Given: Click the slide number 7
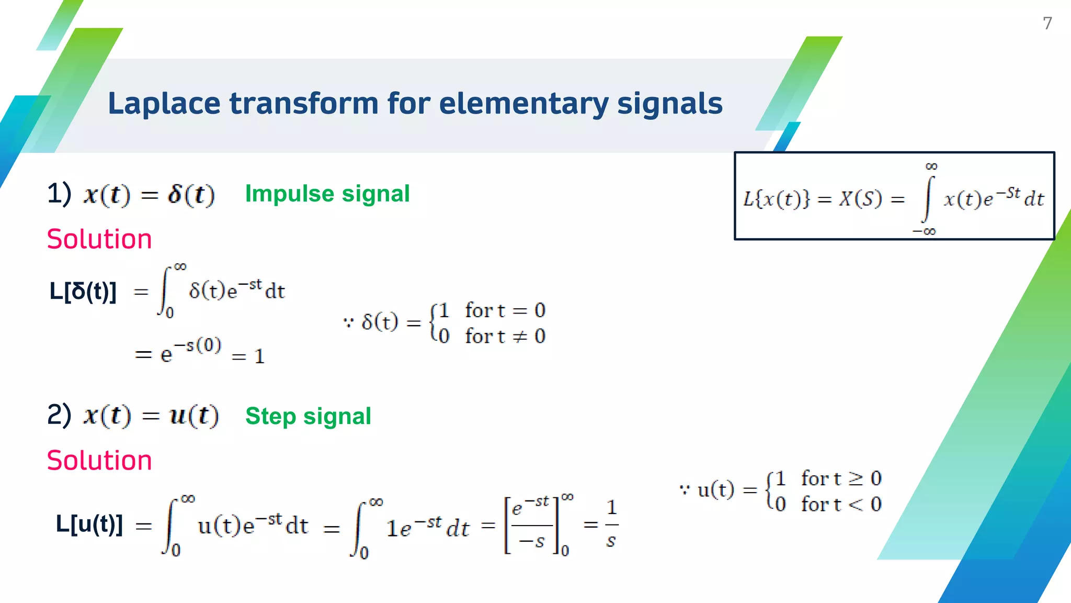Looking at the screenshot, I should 1047,23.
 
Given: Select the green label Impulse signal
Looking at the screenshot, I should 327,194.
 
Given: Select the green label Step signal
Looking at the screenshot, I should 308,416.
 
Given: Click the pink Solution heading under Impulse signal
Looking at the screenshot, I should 99,239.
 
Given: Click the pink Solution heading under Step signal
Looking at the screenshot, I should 99,461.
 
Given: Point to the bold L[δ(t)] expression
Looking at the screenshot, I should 83,291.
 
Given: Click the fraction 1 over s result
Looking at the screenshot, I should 611,524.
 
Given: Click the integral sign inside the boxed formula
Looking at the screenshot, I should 928,199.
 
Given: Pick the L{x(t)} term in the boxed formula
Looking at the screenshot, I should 776,199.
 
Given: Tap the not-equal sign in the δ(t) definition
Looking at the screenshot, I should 520,337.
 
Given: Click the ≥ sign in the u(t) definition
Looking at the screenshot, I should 856,478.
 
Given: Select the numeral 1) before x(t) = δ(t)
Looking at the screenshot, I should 59,193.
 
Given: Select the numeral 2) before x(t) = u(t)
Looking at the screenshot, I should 59,415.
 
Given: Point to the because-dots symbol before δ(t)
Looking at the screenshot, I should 348,322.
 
